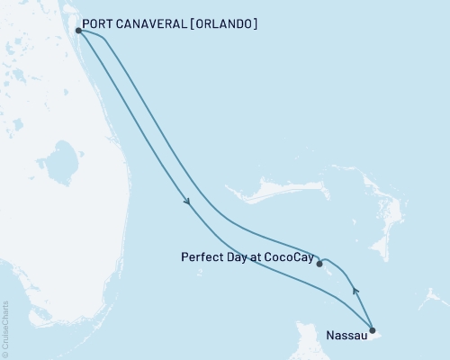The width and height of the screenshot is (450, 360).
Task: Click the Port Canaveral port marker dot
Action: [79, 31]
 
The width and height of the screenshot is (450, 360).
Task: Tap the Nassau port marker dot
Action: [373, 330]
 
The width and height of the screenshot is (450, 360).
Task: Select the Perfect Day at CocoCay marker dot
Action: [319, 264]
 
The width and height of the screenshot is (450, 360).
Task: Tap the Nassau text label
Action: [346, 343]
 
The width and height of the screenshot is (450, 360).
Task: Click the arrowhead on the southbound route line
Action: [187, 202]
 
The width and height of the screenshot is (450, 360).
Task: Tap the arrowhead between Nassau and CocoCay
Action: [355, 290]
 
